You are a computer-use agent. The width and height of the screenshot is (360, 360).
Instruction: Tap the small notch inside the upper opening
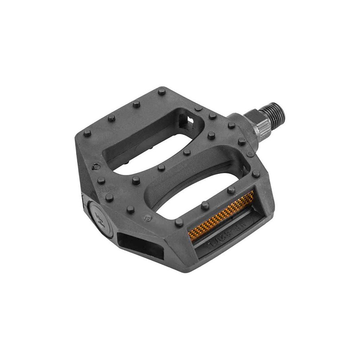(x=189, y=121)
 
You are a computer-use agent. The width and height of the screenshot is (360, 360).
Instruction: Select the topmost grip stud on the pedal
(x=161, y=91)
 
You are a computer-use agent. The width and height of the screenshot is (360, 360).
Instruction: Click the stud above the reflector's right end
(x=231, y=190)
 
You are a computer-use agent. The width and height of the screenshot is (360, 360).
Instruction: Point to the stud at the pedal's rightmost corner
(x=256, y=174)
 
